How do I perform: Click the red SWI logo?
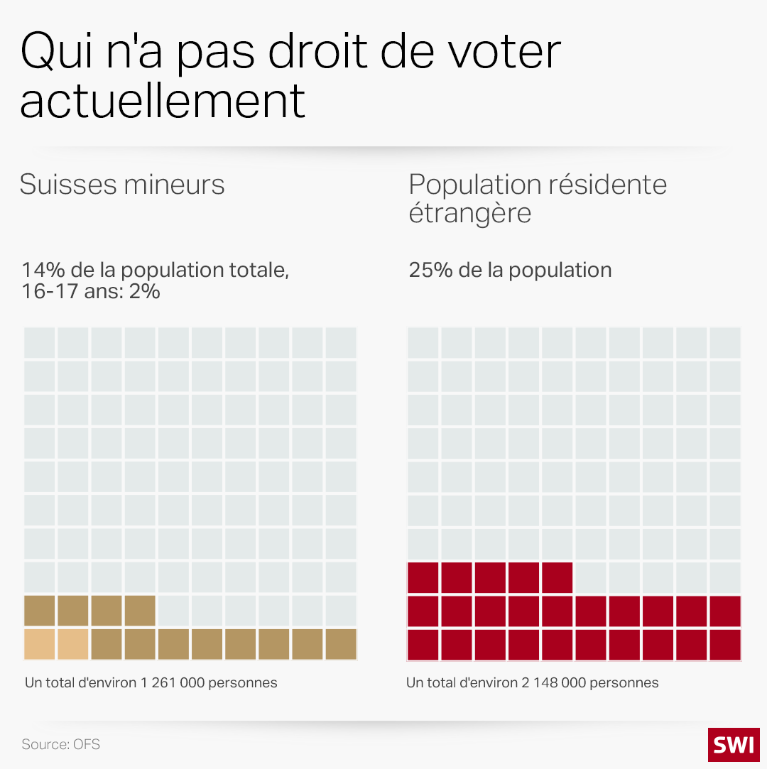point(734,744)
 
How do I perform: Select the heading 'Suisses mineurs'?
point(122,185)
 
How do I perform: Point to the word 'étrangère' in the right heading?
point(470,213)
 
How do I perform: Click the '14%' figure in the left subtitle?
point(40,271)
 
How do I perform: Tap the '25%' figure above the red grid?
point(428,271)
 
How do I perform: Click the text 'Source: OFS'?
point(61,744)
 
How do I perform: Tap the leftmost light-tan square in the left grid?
point(40,644)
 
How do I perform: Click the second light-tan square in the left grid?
point(73,644)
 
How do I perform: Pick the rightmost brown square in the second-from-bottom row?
point(140,611)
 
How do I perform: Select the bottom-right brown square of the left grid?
point(341,644)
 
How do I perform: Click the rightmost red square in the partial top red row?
point(557,577)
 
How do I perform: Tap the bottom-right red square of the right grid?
point(725,644)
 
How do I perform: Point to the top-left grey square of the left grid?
point(40,343)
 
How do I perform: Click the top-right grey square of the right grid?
point(725,343)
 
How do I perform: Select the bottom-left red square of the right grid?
point(423,644)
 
